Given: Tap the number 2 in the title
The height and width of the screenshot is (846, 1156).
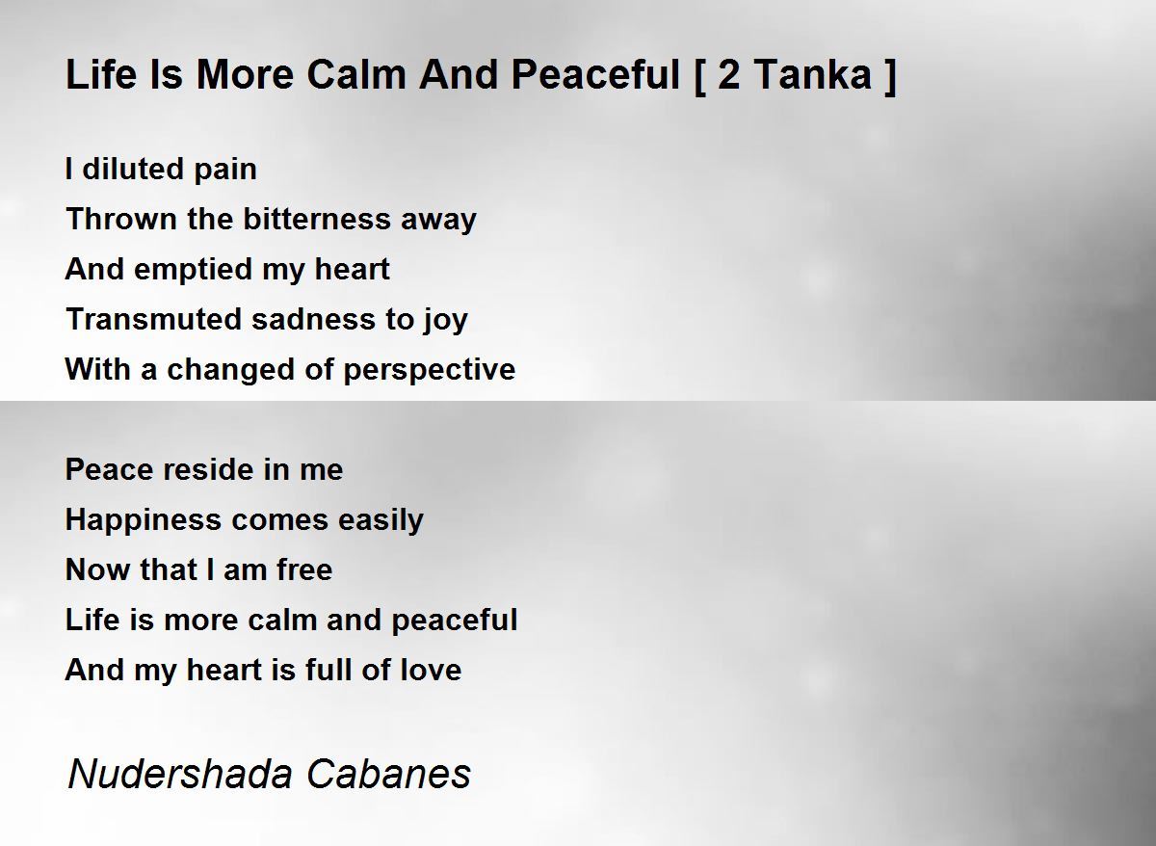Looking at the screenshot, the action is pyautogui.click(x=728, y=75).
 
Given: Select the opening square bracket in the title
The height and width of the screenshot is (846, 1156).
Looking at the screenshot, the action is pyautogui.click(x=699, y=76).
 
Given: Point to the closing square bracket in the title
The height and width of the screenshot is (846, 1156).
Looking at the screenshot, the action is pyautogui.click(x=890, y=76).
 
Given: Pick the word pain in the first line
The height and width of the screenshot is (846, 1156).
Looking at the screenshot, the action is pyautogui.click(x=225, y=171).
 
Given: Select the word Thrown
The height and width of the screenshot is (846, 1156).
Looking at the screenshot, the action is pyautogui.click(x=121, y=219).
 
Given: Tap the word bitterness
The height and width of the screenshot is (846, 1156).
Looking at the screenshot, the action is pyautogui.click(x=317, y=219).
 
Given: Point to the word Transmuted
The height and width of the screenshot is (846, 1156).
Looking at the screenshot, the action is pyautogui.click(x=154, y=319).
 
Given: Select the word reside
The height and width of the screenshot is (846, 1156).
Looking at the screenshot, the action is pyautogui.click(x=208, y=469).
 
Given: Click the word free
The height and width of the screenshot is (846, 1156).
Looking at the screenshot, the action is pyautogui.click(x=304, y=569).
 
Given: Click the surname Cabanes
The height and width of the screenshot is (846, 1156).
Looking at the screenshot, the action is pyautogui.click(x=388, y=774).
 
